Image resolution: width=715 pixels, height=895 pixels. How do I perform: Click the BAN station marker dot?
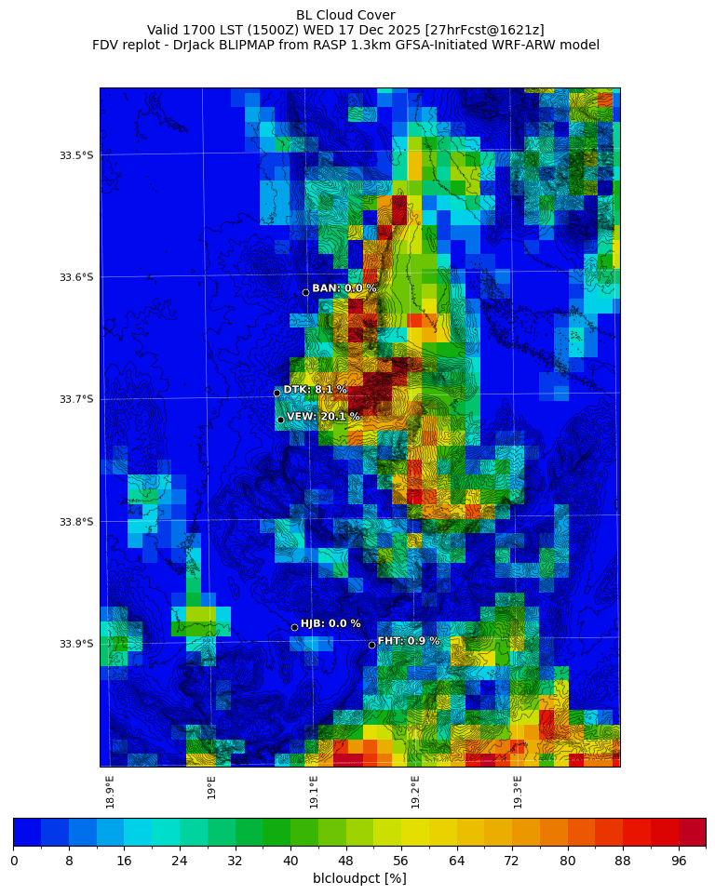click(x=305, y=292)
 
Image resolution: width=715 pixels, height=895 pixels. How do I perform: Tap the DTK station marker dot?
click(x=277, y=393)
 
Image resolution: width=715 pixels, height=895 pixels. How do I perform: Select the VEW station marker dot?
click(x=280, y=420)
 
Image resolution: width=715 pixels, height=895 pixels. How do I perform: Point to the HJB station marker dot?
click(x=294, y=627)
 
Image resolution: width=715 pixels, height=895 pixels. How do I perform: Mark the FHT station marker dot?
click(x=371, y=645)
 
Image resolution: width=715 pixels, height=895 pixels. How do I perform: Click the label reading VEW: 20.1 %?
click(x=323, y=417)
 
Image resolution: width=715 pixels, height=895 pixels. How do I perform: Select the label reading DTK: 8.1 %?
click(x=315, y=390)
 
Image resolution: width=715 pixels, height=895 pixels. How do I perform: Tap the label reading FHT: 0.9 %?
click(x=409, y=641)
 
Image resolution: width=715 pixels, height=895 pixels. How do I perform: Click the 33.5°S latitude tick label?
click(x=76, y=155)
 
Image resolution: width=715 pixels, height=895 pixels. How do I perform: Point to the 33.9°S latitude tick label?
click(x=76, y=644)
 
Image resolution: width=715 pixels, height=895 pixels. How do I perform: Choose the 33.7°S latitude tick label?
click(x=76, y=399)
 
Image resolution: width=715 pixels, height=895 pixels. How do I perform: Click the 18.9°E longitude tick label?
click(x=110, y=792)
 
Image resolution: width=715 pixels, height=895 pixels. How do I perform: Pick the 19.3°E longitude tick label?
click(x=518, y=792)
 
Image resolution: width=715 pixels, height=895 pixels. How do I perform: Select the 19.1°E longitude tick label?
click(x=314, y=792)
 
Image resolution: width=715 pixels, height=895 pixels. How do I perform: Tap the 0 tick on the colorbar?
click(x=14, y=862)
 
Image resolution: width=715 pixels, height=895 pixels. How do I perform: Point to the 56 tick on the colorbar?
click(x=401, y=862)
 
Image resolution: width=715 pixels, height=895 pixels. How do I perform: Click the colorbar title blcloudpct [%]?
click(x=359, y=878)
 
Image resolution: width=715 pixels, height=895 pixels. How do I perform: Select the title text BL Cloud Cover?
click(x=345, y=15)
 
